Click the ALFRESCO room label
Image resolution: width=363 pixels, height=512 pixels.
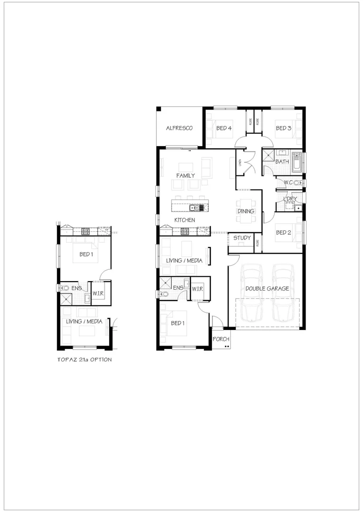[179, 128]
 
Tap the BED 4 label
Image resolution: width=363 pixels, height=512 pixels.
[224, 128]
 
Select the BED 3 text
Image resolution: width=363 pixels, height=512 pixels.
[283, 128]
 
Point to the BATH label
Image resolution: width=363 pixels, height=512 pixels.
[282, 162]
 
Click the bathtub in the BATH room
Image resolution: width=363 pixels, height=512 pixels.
[297, 161]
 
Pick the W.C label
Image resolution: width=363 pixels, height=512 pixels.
[288, 183]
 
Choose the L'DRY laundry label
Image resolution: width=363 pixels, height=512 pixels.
[290, 199]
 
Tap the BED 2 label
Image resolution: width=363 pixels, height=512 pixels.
[283, 232]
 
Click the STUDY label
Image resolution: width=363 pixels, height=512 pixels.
[242, 238]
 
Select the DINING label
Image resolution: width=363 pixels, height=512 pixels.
[246, 211]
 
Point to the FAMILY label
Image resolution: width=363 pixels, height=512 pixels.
[185, 175]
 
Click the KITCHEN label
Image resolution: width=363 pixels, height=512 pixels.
[184, 220]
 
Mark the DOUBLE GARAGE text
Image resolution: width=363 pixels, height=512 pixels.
[267, 288]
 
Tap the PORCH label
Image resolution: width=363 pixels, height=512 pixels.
[221, 339]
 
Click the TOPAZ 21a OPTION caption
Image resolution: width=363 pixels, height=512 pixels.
[84, 359]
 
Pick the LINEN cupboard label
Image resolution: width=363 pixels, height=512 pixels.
[240, 163]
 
